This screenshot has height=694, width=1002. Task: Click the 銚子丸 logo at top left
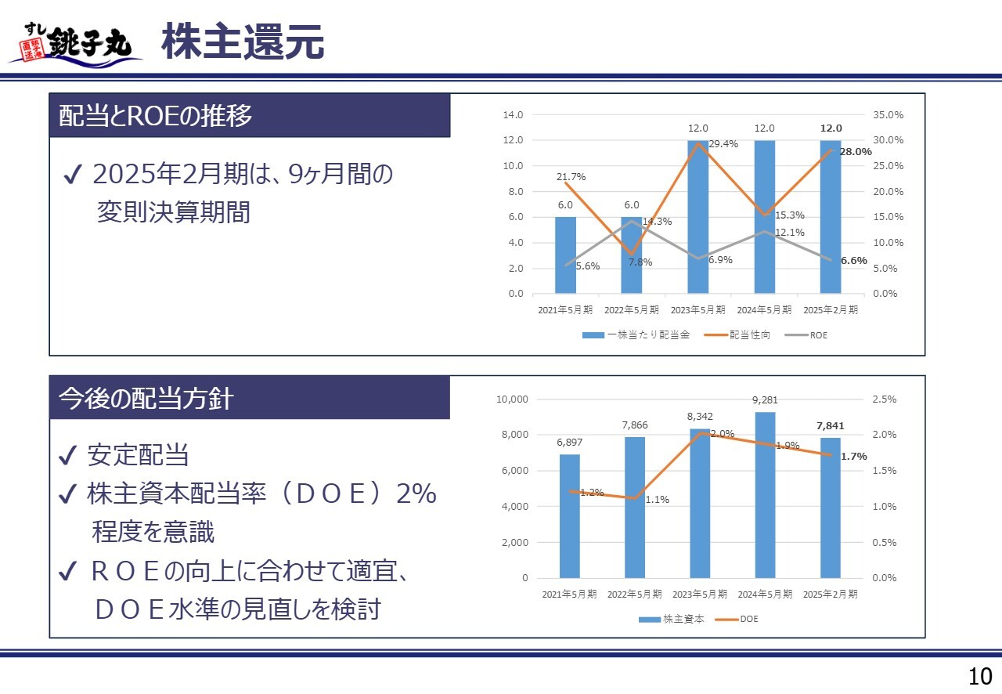76,43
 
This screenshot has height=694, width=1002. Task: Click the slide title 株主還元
243,42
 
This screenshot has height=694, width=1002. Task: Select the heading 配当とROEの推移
157,116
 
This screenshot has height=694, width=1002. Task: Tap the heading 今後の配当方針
146,398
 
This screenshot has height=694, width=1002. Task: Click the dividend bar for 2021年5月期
565,255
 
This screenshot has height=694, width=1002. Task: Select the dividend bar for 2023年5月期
698,217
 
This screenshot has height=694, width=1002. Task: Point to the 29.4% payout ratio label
723,144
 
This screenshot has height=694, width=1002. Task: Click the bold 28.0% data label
855,152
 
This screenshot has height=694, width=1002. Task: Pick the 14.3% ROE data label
657,222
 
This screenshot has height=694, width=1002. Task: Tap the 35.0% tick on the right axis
887,115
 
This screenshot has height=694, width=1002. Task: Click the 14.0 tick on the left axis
513,115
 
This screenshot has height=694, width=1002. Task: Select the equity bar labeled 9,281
765,494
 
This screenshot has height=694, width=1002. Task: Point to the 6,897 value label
569,443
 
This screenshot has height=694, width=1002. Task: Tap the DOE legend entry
749,619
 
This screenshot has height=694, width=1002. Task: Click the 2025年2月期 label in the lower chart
831,594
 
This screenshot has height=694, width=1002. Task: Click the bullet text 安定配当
138,455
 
